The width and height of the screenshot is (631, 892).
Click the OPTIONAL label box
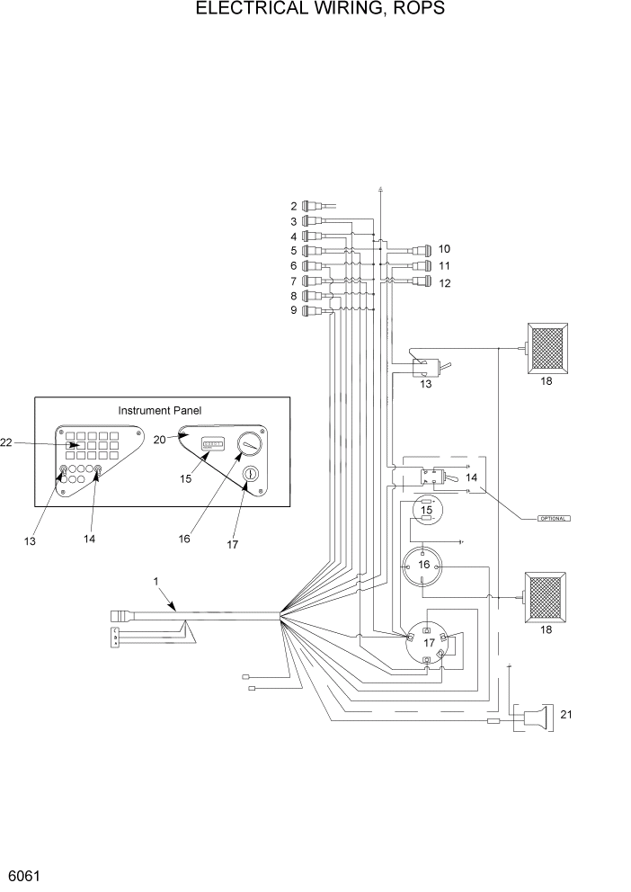(x=553, y=519)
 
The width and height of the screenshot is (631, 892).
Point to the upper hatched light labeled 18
(x=547, y=347)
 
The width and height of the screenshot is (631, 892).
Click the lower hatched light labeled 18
(x=547, y=596)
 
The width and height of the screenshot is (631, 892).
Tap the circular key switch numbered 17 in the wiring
(x=428, y=643)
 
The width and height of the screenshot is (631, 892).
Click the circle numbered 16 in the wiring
(x=424, y=566)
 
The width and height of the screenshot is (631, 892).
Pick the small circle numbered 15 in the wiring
(x=427, y=511)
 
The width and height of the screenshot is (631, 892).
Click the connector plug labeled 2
(x=311, y=206)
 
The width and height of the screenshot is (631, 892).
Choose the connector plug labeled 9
(x=311, y=311)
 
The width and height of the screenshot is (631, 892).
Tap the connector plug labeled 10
(x=421, y=249)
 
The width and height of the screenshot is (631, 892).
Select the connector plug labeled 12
(x=421, y=282)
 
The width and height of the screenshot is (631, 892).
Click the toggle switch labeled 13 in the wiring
(x=422, y=367)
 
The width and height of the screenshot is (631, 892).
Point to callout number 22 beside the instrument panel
(x=7, y=442)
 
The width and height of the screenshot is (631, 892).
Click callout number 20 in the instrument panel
(x=160, y=439)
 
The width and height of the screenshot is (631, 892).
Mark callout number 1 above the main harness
(x=156, y=582)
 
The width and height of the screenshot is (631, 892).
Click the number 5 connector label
(x=293, y=250)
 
